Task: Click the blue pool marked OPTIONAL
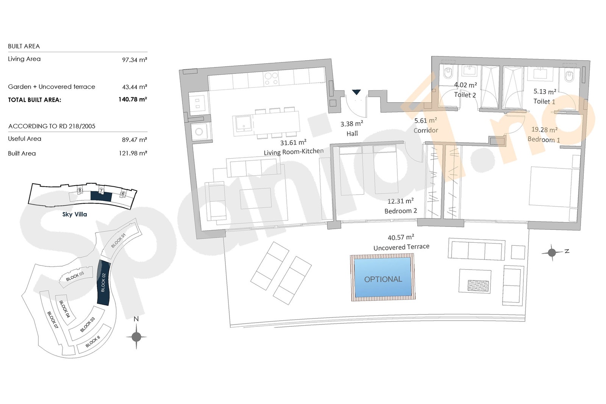click(x=383, y=277)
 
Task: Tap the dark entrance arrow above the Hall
click(x=356, y=92)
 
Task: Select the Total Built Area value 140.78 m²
click(x=133, y=99)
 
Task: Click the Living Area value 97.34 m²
click(x=134, y=60)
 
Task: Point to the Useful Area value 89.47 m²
click(x=134, y=140)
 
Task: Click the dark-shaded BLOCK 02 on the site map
click(x=104, y=282)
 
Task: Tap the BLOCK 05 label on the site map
click(x=75, y=276)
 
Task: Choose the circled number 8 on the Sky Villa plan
click(x=80, y=190)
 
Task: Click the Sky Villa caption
click(x=75, y=214)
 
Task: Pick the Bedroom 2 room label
click(x=401, y=211)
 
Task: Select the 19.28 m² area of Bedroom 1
click(x=544, y=130)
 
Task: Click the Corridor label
click(x=426, y=130)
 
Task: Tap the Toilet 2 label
click(x=465, y=95)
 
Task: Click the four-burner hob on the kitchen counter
click(x=271, y=79)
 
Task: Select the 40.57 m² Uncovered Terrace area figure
click(x=401, y=237)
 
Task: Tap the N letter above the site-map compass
click(x=136, y=319)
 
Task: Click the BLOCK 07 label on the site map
click(x=53, y=320)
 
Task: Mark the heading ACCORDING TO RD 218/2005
click(x=52, y=126)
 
